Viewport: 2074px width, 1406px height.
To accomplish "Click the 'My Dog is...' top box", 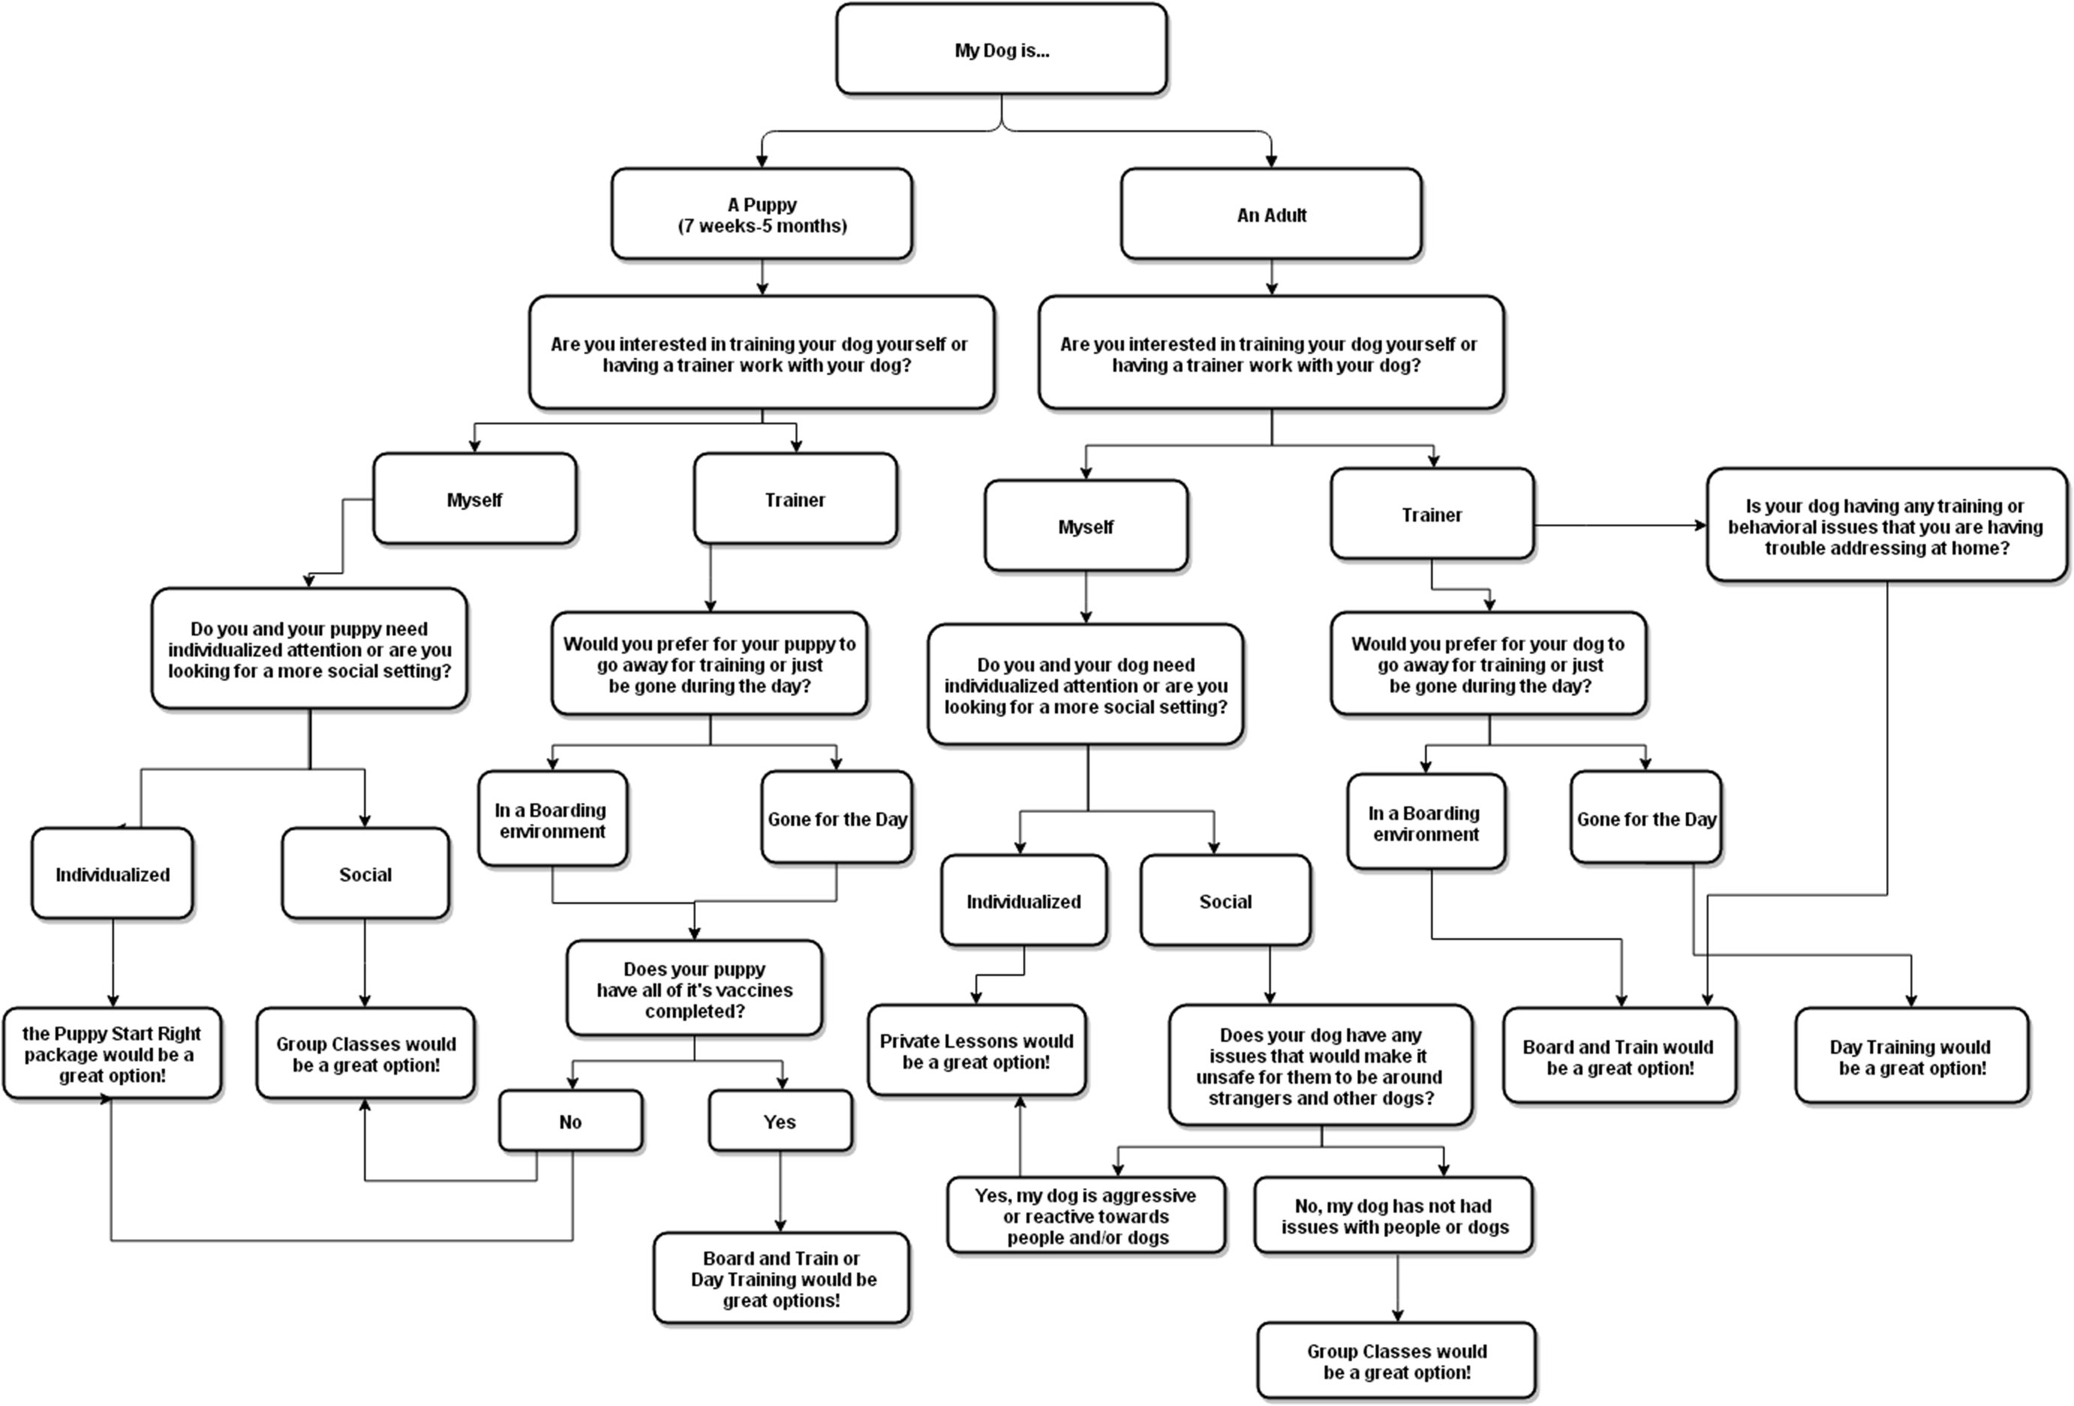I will click(x=1001, y=50).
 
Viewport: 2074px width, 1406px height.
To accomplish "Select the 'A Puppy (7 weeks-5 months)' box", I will click(x=761, y=215).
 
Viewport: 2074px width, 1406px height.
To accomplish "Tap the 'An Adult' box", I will click(x=1271, y=215).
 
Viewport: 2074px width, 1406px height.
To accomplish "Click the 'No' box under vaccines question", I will click(x=570, y=1122).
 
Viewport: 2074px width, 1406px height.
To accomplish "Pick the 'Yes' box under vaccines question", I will click(x=780, y=1122).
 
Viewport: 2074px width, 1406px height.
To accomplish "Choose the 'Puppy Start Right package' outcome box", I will click(x=112, y=1054).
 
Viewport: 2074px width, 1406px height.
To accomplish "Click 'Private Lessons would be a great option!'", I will click(x=976, y=1052).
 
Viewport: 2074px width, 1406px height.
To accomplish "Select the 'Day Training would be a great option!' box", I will click(x=1911, y=1057).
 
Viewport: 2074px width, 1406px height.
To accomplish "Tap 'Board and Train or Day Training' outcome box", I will click(x=781, y=1279).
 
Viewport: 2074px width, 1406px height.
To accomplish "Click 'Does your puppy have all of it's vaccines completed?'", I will click(x=695, y=989).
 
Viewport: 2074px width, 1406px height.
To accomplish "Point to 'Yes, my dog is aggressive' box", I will click(x=1086, y=1216).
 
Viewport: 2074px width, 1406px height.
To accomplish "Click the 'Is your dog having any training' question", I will click(x=1886, y=527).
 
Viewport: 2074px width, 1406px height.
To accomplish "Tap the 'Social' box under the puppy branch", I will click(x=365, y=874).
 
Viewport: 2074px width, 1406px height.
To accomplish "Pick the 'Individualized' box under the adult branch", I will click(x=1024, y=901).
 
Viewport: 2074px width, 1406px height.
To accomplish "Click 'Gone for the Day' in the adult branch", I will click(x=1645, y=818).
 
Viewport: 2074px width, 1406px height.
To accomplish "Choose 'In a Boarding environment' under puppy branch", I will click(x=552, y=819).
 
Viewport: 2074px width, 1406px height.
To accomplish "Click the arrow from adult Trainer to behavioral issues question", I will click(x=1620, y=525).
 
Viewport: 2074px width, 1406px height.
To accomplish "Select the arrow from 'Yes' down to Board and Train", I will click(x=780, y=1192).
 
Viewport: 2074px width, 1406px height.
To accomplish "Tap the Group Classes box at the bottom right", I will click(x=1397, y=1361).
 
